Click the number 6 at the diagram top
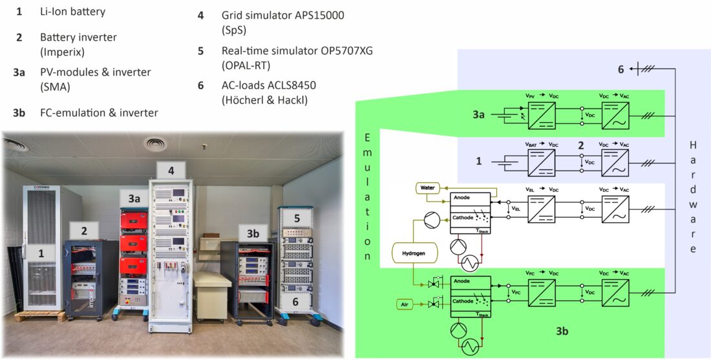coord(621,69)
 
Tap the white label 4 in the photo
coord(171,171)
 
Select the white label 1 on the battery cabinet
coord(41,254)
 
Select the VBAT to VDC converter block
coord(542,162)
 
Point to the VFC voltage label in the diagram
coord(515,293)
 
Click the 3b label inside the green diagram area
coord(562,332)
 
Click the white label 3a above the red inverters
coord(133,200)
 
